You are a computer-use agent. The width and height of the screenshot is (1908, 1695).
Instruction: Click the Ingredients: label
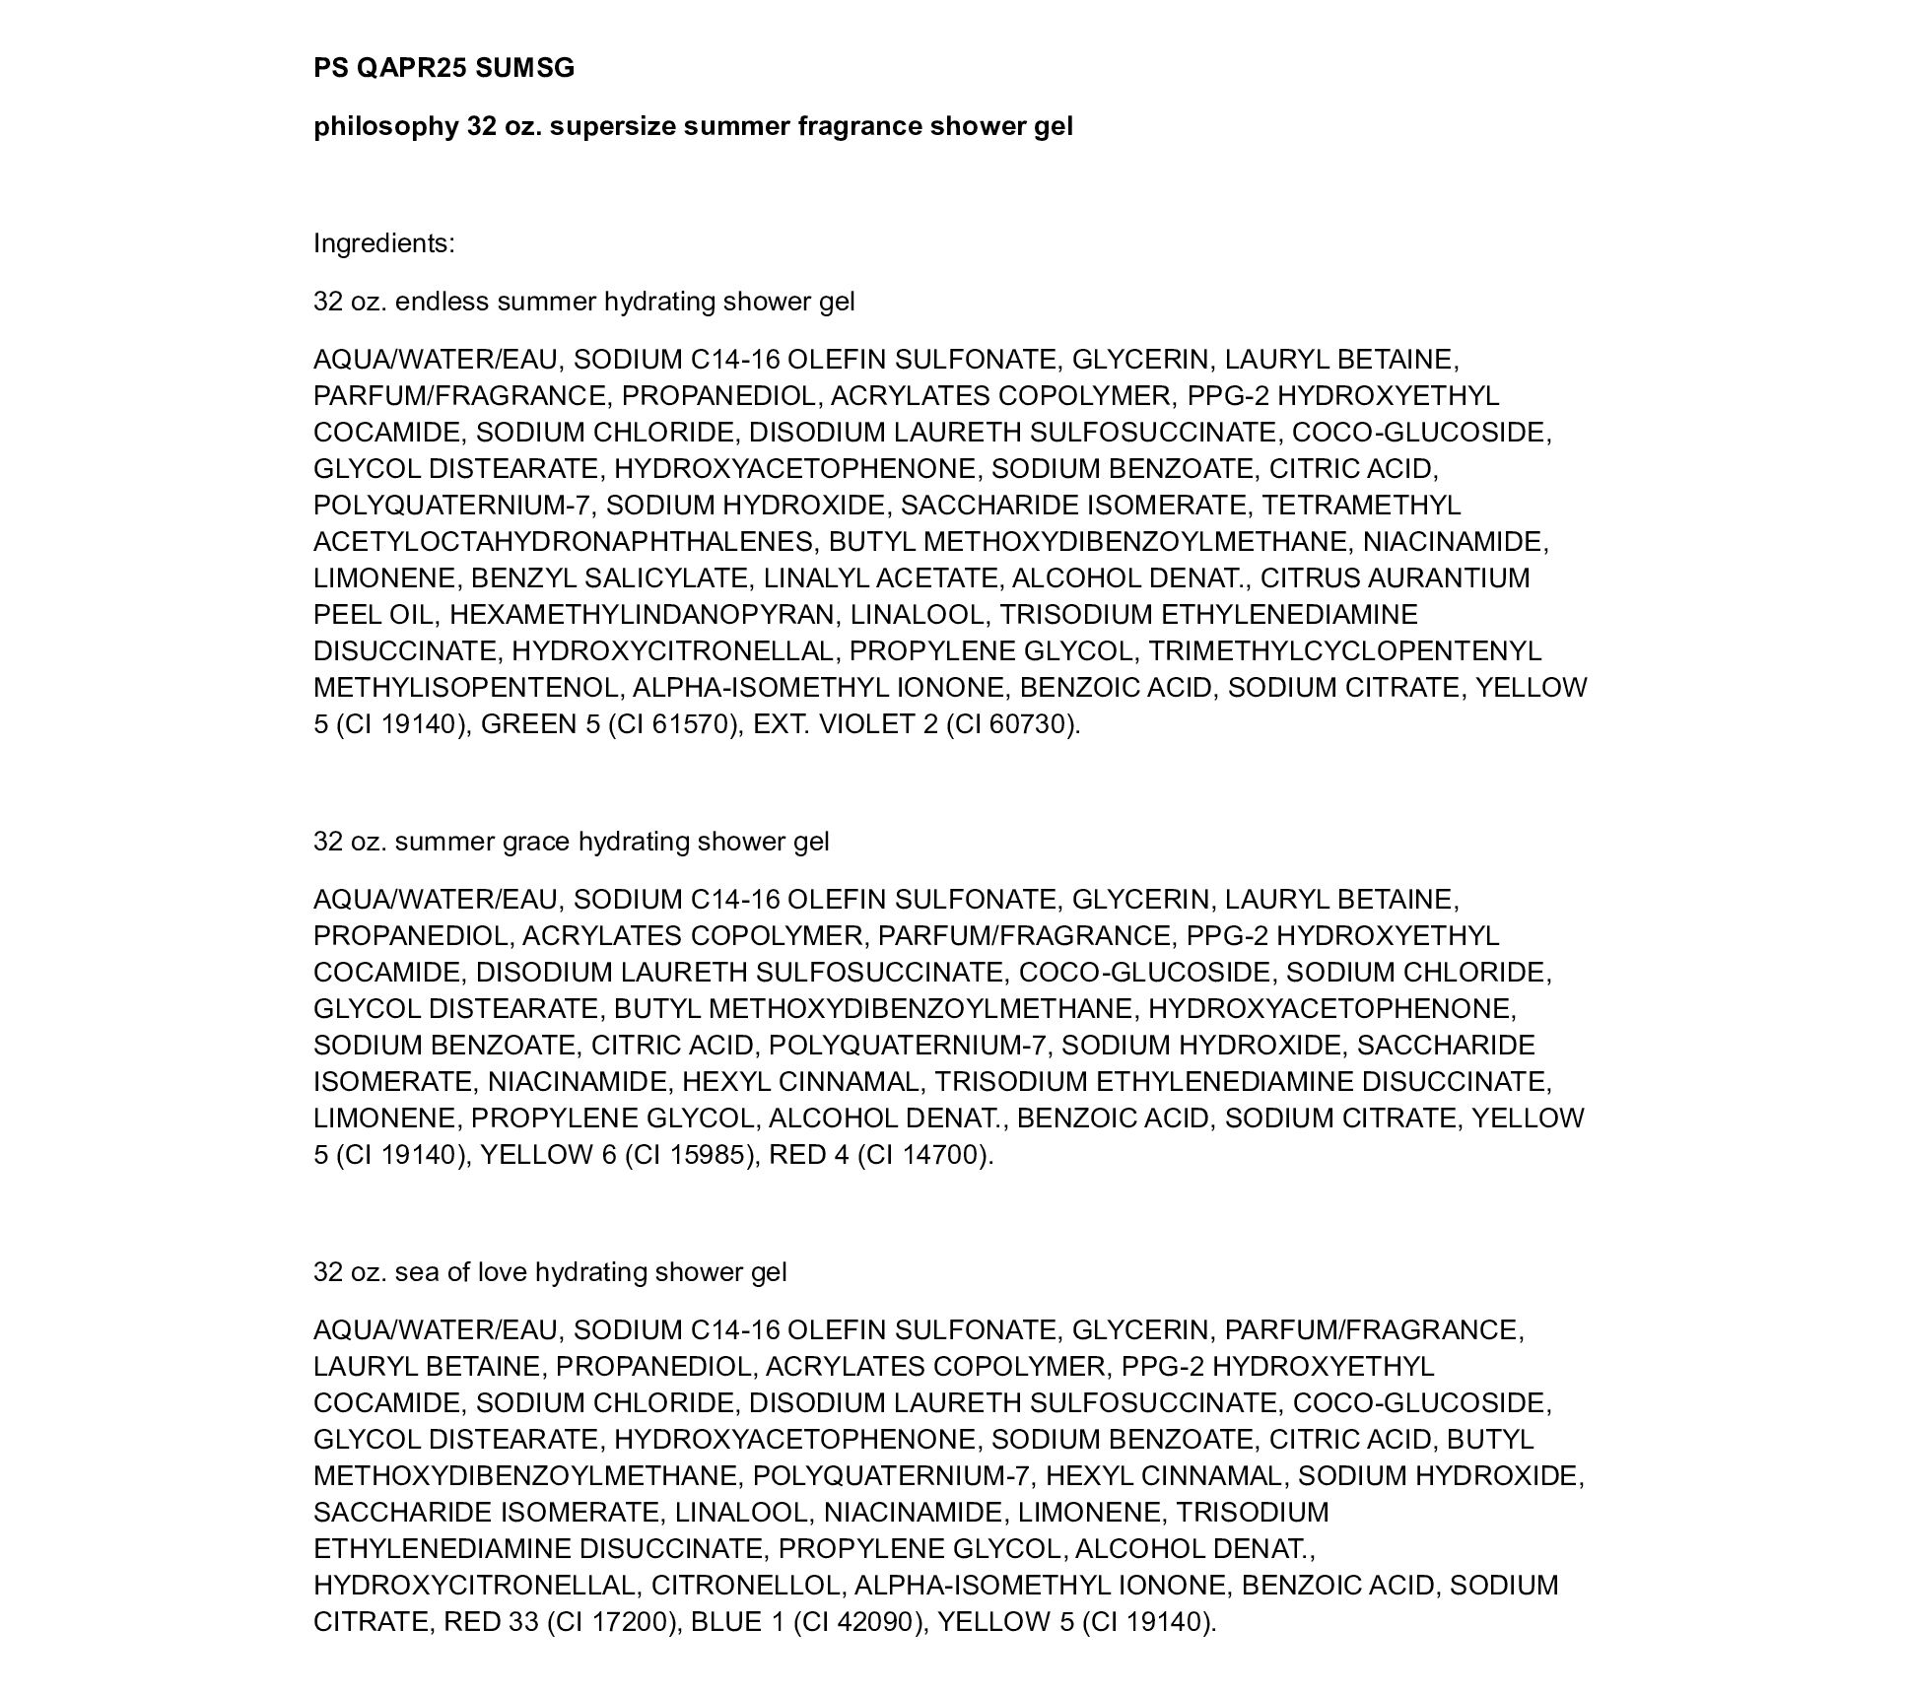[x=384, y=243]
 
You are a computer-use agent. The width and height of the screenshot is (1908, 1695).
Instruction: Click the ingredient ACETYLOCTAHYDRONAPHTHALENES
[x=563, y=542]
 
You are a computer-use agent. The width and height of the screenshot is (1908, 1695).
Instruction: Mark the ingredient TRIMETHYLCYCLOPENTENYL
[x=1344, y=651]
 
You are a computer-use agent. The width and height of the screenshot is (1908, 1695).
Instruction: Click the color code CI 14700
[x=920, y=1155]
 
